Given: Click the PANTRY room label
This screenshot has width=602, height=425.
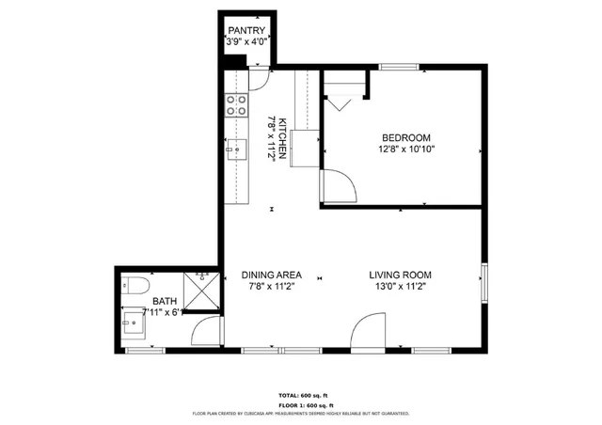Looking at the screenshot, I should (246, 30).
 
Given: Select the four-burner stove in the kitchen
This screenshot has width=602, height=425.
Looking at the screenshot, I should (235, 104).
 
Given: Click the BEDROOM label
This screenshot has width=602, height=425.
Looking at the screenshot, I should (405, 136).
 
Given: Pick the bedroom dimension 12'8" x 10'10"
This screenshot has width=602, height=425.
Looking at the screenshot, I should (405, 149).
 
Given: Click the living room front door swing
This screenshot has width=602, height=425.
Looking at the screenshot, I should (369, 333).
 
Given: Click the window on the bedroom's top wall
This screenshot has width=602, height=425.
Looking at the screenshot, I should (399, 67).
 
